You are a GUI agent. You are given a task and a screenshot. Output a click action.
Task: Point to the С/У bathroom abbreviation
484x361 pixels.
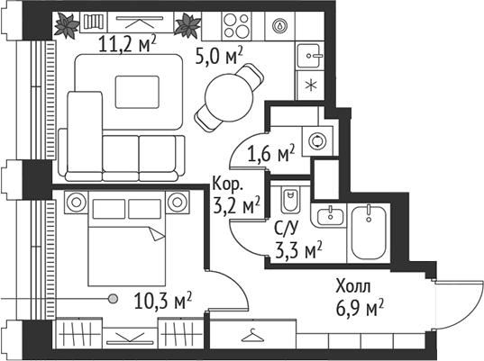click(287, 230)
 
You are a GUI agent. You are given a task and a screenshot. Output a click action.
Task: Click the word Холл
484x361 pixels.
click(352, 288)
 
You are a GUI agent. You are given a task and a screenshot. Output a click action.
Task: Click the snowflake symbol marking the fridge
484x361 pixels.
click(310, 86)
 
